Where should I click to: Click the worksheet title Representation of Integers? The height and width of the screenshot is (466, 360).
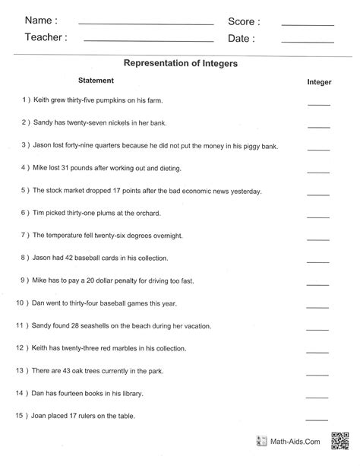pos(181,64)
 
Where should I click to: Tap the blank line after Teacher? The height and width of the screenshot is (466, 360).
pos(148,40)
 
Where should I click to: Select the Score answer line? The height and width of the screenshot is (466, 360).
pos(307,24)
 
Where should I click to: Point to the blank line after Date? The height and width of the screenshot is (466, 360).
pos(307,40)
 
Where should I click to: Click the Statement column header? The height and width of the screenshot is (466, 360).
pos(96,80)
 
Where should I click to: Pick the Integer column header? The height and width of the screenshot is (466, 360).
pos(319,81)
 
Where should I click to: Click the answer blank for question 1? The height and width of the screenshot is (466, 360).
pos(319,103)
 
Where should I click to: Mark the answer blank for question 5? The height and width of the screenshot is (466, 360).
pos(319,193)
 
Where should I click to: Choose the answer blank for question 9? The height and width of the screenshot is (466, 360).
pos(319,284)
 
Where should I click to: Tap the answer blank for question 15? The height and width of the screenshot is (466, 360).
pos(319,418)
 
